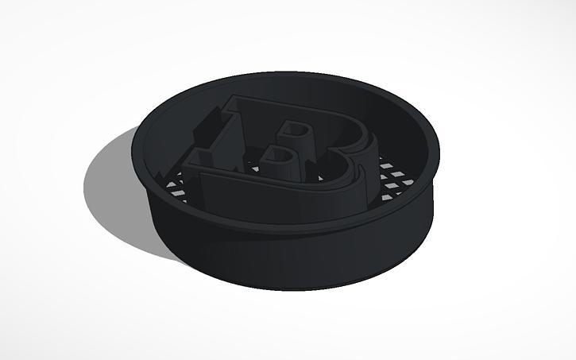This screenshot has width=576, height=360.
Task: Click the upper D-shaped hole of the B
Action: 297,130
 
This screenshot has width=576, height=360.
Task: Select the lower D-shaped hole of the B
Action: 279,156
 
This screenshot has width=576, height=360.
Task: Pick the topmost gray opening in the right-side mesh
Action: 386,165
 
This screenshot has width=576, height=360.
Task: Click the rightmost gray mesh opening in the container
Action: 408,182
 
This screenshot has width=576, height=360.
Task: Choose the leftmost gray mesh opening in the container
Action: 171,185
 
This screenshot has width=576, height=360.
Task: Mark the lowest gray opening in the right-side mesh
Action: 386,198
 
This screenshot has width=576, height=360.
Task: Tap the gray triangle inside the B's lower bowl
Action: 321,179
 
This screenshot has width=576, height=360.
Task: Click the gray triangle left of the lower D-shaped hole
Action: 255,168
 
